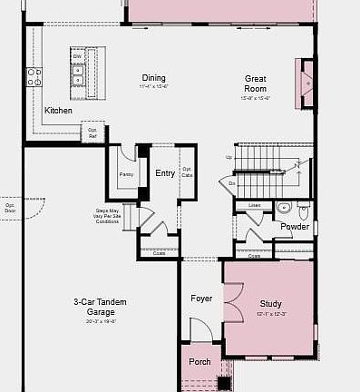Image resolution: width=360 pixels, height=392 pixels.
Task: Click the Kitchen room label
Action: pyautogui.click(x=58, y=111)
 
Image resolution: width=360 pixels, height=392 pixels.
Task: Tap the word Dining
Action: pyautogui.click(x=153, y=78)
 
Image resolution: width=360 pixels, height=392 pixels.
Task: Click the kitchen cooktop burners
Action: pyautogui.click(x=34, y=77)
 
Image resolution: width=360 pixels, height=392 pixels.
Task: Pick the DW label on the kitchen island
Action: pyautogui.click(x=78, y=56)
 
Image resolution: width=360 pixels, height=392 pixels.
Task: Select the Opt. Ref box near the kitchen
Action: pyautogui.click(x=92, y=132)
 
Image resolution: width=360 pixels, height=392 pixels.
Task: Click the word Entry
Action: pyautogui.click(x=164, y=173)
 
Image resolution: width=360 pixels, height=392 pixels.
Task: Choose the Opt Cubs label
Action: pyautogui.click(x=187, y=171)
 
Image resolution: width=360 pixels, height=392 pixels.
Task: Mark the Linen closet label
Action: pyautogui.click(x=255, y=206)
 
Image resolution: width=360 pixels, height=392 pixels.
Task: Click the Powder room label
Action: pyautogui.click(x=294, y=226)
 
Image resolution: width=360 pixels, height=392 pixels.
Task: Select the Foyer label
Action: pyautogui.click(x=200, y=299)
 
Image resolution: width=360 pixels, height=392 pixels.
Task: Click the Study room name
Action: pyautogui.click(x=270, y=304)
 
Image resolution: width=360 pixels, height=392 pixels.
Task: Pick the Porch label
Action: pyautogui.click(x=199, y=361)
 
